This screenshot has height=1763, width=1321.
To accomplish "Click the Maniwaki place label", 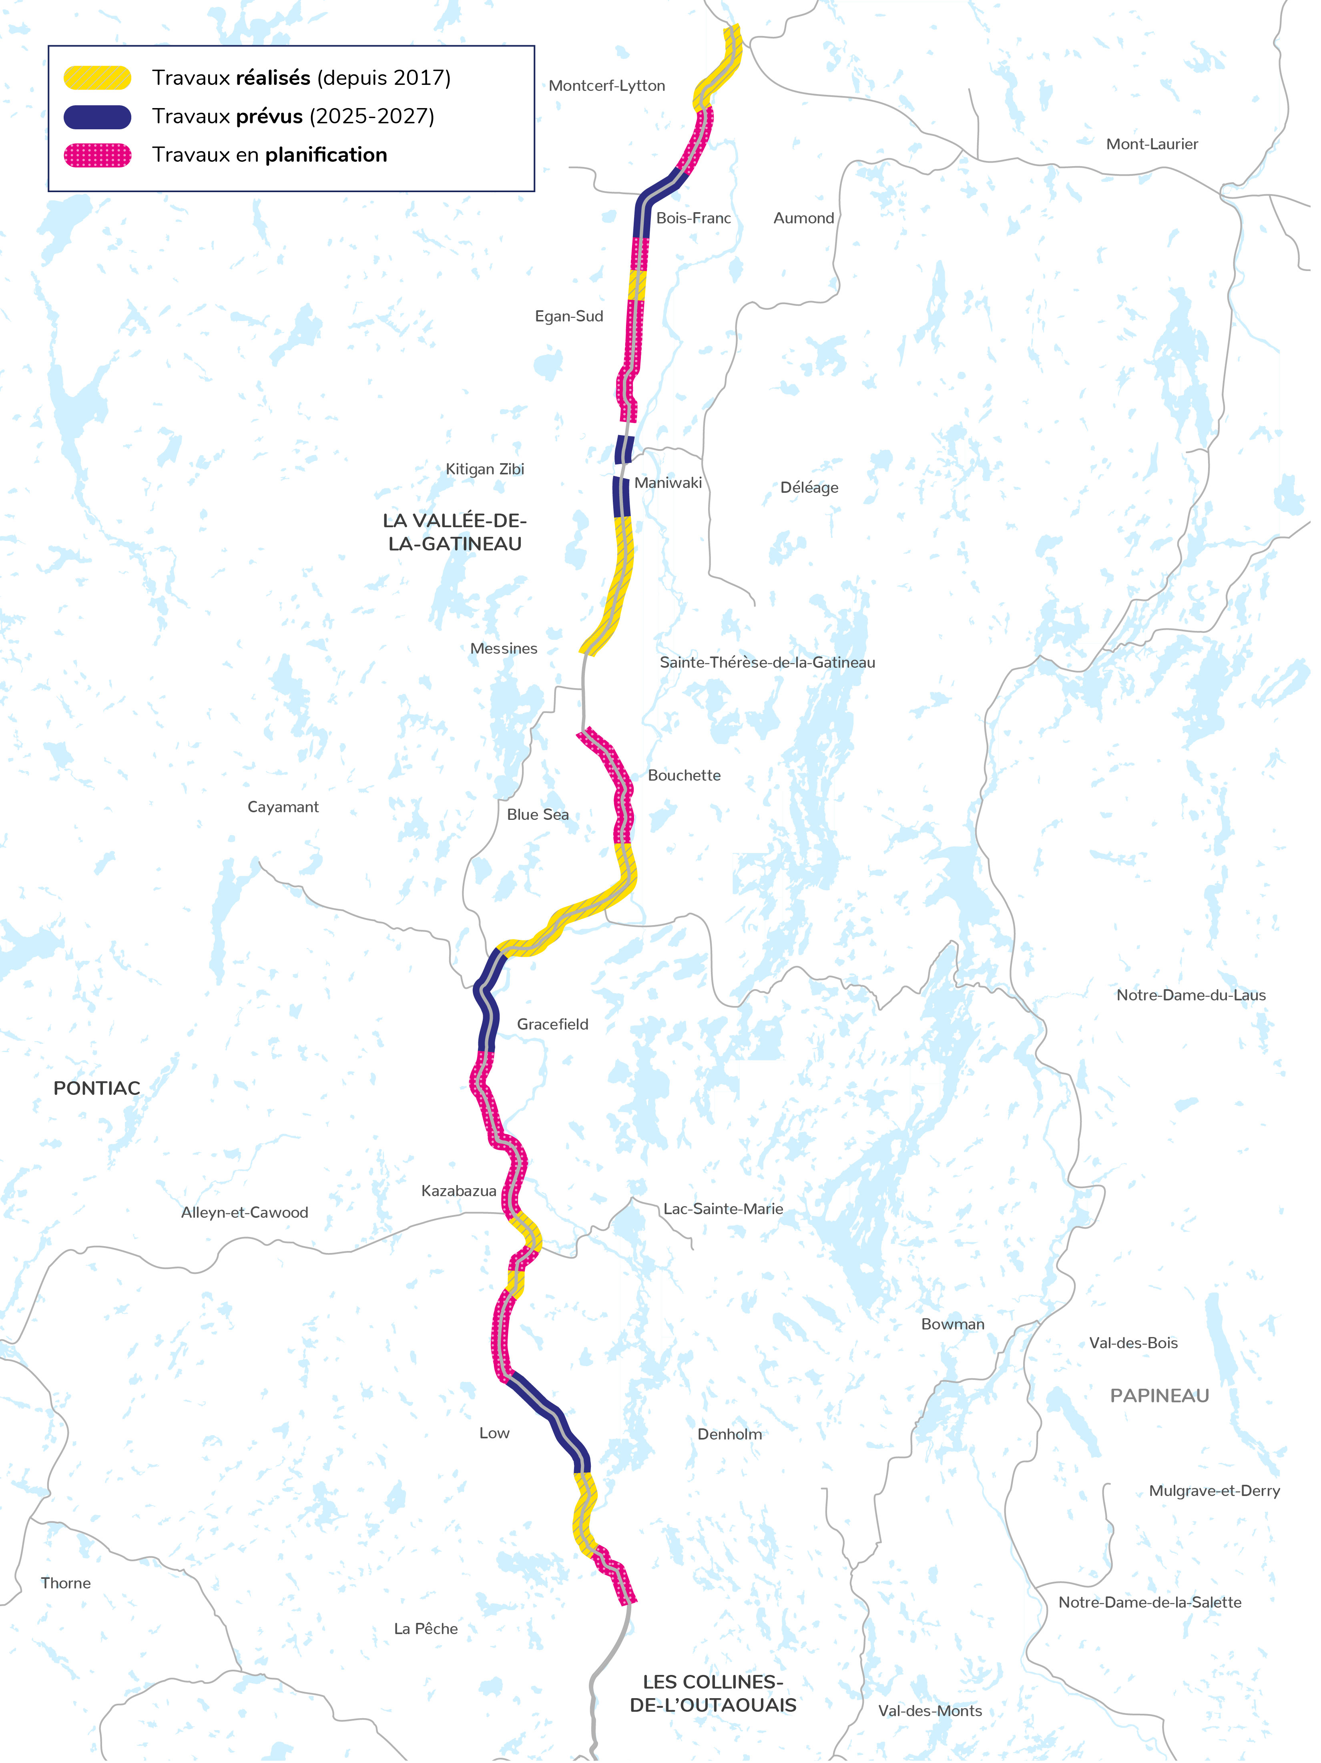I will (668, 482).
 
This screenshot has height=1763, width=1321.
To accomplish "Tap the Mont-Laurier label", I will (1151, 144).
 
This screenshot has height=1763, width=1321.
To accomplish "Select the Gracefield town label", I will (552, 1024).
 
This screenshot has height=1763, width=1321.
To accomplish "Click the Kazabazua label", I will (458, 1191).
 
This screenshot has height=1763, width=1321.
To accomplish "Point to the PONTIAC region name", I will (96, 1088).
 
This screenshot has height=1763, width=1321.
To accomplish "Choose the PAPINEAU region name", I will (1159, 1396).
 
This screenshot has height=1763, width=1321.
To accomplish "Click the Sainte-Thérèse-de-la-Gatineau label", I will (767, 662).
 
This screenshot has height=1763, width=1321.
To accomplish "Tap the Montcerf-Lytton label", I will (607, 85).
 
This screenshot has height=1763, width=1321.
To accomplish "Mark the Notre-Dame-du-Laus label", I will (1190, 995).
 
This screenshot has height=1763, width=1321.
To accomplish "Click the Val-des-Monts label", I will (930, 1711).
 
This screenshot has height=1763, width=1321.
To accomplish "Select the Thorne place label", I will (66, 1583).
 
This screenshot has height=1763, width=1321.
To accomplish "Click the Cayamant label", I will (283, 807).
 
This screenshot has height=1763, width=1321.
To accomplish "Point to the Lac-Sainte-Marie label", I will (723, 1209).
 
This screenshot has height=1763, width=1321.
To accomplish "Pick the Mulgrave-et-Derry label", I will (1213, 1490).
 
